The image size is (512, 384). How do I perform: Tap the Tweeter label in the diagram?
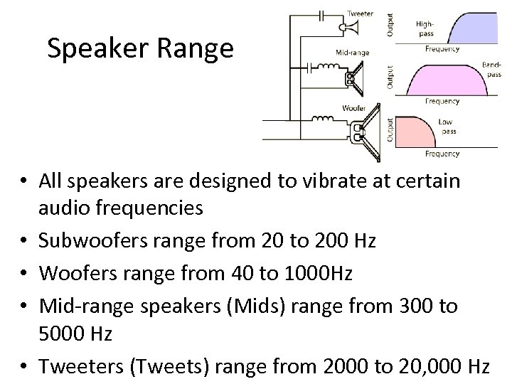click(x=361, y=14)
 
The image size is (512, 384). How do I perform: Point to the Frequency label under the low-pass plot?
click(x=442, y=154)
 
